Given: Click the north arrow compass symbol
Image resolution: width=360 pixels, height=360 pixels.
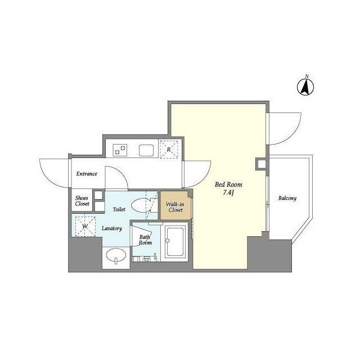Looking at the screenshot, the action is tap(305, 87).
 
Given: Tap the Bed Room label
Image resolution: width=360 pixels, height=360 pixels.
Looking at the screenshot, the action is tap(228, 184).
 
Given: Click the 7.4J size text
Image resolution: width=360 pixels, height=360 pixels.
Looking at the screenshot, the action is tap(228, 193).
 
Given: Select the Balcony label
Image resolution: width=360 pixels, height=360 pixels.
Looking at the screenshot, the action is tap(287, 198).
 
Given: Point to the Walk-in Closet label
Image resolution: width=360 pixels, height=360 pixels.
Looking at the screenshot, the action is tap(175, 207).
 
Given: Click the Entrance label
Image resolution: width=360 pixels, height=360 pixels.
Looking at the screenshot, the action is tap(87, 174).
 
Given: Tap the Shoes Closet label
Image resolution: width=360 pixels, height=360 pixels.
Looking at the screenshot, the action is tap(82, 201).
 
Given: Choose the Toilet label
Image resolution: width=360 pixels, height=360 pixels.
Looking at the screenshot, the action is tap(119, 209).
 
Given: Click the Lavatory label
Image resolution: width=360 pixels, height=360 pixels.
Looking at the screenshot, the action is tap(112, 228).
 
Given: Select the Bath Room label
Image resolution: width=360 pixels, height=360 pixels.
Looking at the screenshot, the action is tap(145, 240).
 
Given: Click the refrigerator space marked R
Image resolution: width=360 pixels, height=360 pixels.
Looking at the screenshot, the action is tap(169, 149).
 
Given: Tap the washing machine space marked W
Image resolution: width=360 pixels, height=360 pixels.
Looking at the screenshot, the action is tap(85, 226).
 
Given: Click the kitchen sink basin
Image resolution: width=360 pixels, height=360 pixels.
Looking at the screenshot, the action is tap(146, 151).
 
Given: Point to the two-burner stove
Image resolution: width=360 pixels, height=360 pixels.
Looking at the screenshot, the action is tap(120, 150).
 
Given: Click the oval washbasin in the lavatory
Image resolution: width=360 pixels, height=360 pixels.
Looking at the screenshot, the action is tap(116, 255).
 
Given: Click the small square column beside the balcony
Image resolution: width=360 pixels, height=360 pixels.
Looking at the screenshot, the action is tap(262, 164).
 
